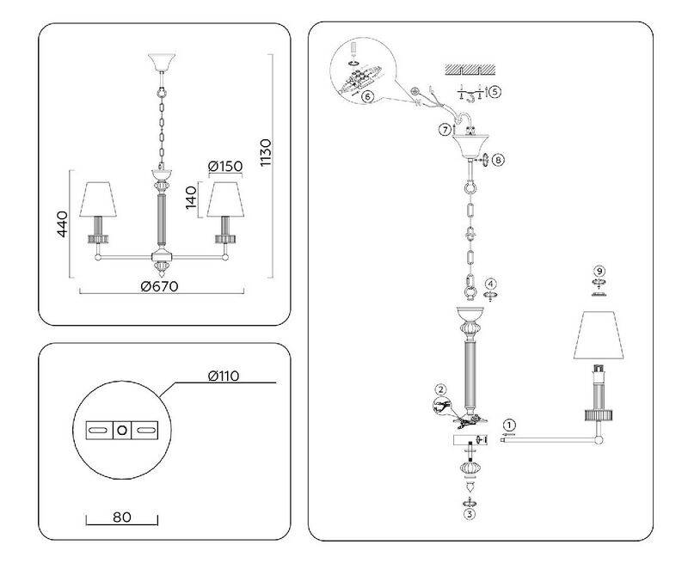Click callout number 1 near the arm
509,425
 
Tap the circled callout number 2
440,389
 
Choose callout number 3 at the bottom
469,514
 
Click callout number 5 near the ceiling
495,90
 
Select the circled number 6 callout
367,96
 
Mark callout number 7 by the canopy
444,130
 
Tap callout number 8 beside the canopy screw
500,159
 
